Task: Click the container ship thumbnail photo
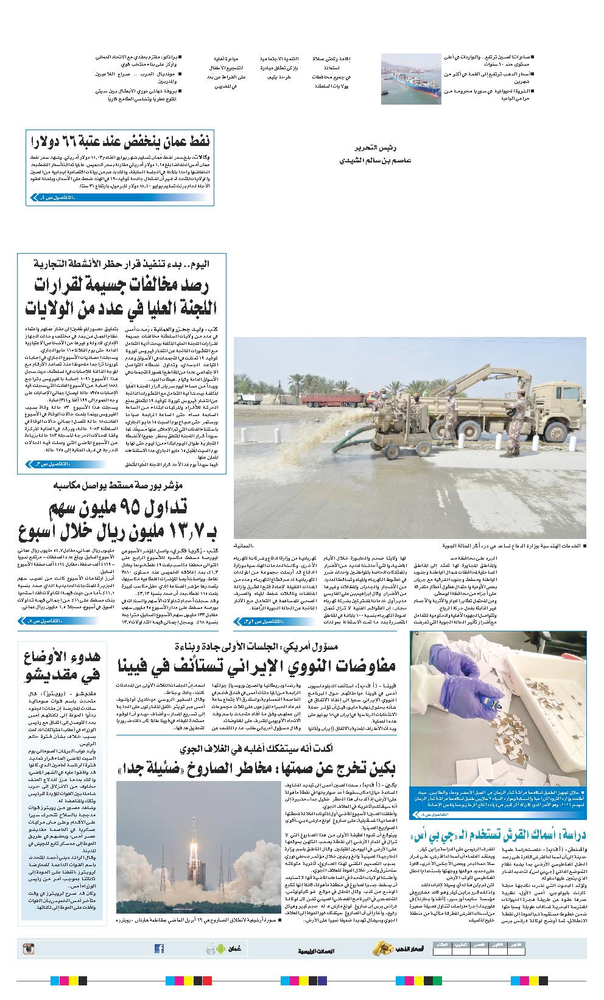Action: (x=411, y=78)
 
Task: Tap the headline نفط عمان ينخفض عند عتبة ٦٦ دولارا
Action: (x=120, y=143)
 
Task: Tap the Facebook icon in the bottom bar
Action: (x=159, y=948)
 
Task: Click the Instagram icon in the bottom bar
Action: (x=28, y=948)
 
